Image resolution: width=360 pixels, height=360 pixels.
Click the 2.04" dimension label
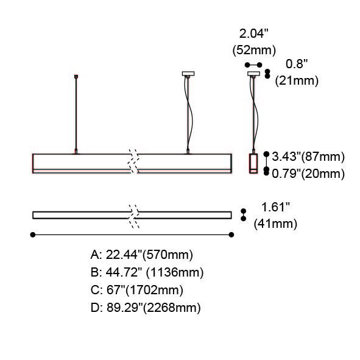pyautogui.click(x=253, y=34)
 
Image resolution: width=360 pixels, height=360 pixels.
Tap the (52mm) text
pyautogui.click(x=254, y=51)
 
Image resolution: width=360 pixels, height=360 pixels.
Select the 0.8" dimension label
pyautogui.click(x=297, y=64)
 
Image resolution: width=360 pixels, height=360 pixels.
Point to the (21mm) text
pyautogui.click(x=297, y=81)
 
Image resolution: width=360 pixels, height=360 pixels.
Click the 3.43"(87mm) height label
pyautogui.click(x=308, y=157)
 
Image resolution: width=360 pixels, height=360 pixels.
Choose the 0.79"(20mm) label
pyautogui.click(x=308, y=174)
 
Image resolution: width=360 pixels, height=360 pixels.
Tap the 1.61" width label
pyautogui.click(x=275, y=207)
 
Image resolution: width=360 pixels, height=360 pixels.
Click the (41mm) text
pyautogui.click(x=275, y=224)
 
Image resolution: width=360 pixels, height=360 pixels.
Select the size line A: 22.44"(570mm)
pyautogui.click(x=142, y=255)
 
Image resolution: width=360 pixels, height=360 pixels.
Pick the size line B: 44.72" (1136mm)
pyautogui.click(x=147, y=272)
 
